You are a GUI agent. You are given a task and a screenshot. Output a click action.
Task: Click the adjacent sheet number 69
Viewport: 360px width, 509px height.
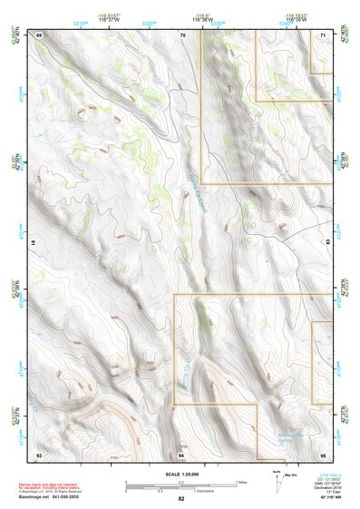point(39,34)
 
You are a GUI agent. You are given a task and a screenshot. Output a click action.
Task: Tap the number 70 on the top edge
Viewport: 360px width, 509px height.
point(182,34)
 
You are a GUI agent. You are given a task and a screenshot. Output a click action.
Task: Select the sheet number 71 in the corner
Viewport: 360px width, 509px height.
point(324,34)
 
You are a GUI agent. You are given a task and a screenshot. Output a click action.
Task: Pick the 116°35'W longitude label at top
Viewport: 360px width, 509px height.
point(298,20)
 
